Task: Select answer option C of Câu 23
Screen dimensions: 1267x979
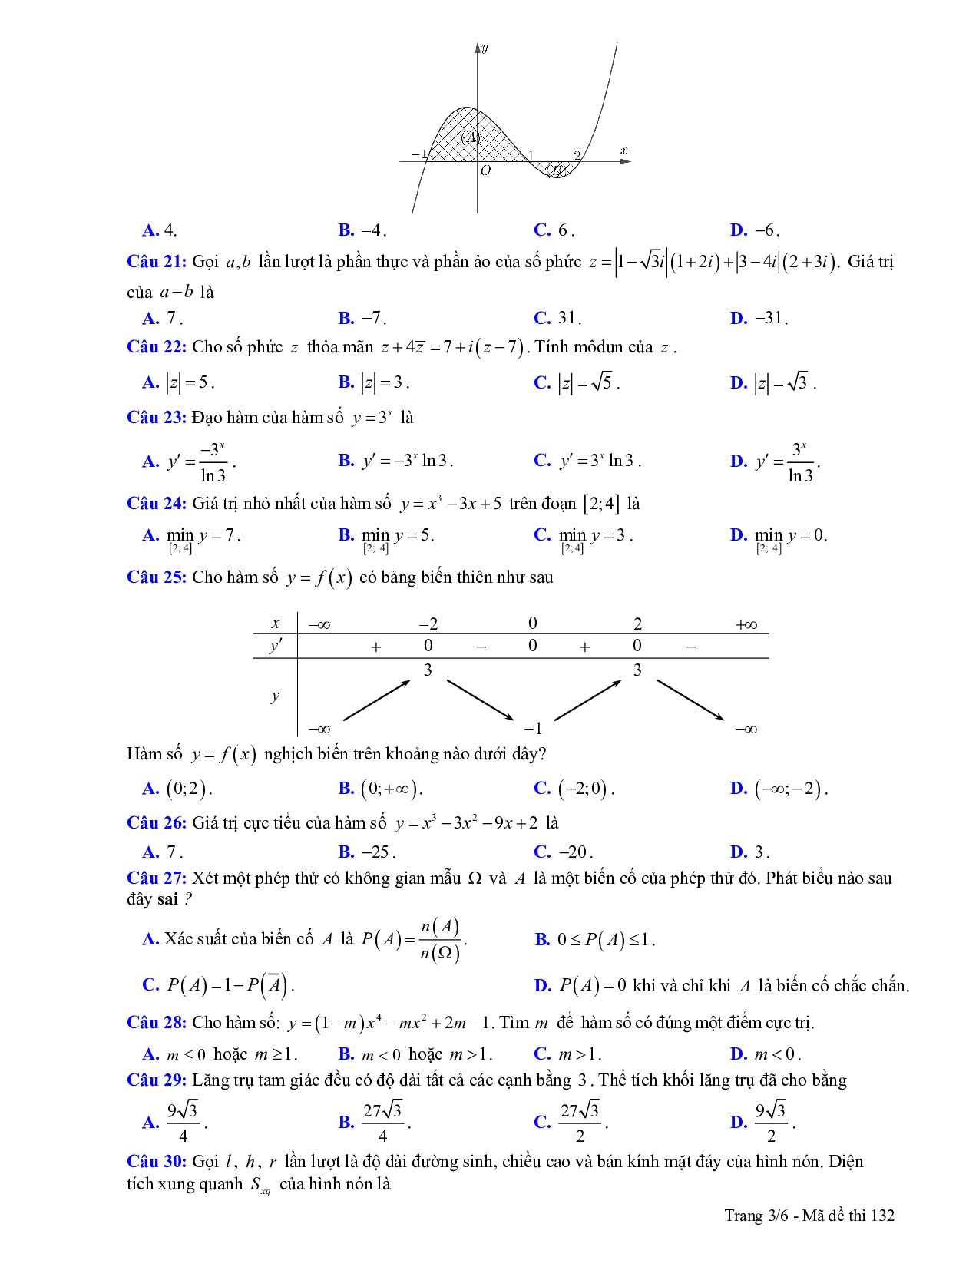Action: [x=587, y=461]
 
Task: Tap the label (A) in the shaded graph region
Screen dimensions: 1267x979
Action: [x=470, y=137]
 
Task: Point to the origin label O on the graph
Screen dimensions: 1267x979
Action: [x=485, y=170]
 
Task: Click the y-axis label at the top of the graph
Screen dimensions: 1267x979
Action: [x=485, y=48]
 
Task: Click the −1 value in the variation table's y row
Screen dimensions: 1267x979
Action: [x=533, y=729]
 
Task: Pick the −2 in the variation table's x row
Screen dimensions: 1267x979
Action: [x=428, y=624]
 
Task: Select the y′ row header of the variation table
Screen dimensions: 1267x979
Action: [x=275, y=647]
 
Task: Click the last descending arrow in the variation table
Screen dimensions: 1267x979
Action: [x=690, y=700]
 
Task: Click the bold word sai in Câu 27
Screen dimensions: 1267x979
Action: [x=167, y=899]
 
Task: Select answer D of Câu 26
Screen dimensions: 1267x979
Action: [x=749, y=852]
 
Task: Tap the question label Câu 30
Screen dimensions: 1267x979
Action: [x=157, y=1161]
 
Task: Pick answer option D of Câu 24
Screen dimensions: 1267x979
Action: [x=779, y=536]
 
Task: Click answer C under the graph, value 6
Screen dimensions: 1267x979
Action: [x=554, y=230]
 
